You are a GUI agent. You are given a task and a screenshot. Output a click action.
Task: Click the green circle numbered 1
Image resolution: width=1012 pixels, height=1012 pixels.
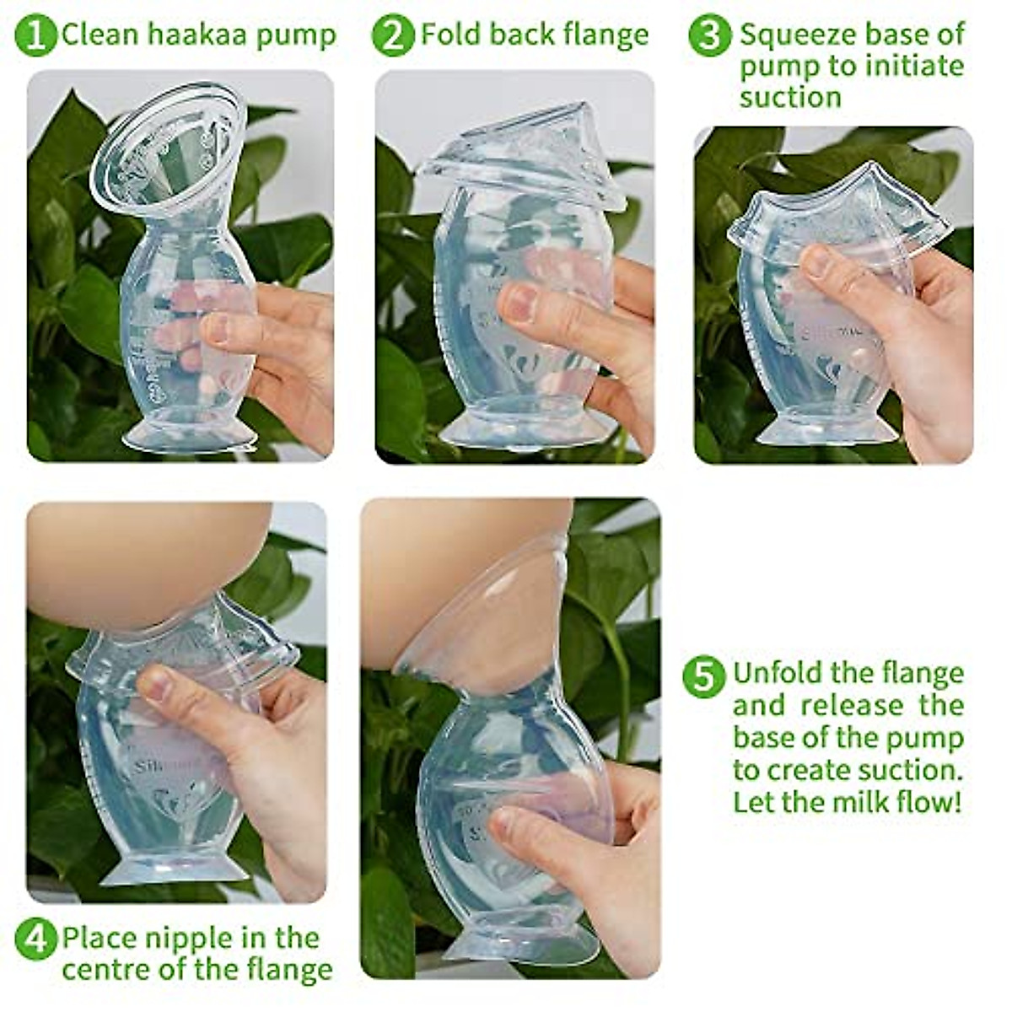tap(35, 35)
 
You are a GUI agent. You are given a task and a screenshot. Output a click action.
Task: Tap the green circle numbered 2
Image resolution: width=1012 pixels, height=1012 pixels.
tap(393, 35)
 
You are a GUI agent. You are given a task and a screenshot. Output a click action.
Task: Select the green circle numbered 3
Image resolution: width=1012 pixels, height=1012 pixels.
tap(709, 35)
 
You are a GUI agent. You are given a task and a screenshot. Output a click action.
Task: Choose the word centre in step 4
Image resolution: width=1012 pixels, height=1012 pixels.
tap(103, 970)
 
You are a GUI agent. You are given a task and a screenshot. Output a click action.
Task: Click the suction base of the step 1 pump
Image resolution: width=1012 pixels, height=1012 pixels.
tap(189, 437)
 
